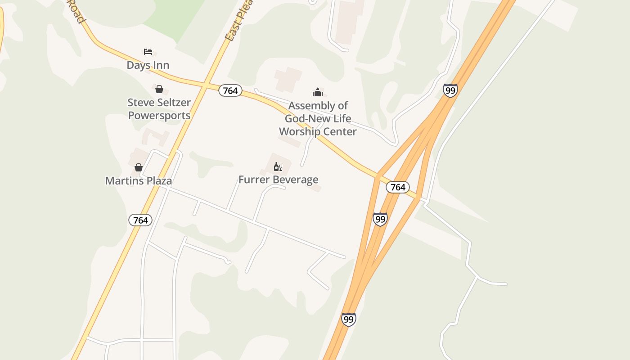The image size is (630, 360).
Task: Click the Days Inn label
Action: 148,65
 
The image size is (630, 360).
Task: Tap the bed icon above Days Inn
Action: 148,52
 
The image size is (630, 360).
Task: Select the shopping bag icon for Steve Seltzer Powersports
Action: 159,89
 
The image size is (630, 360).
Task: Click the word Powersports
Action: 159,116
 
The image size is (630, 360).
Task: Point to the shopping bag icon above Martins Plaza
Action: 139,167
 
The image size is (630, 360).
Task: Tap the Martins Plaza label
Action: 139,181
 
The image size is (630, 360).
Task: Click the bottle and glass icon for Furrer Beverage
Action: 278,167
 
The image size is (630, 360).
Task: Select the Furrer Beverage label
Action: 278,180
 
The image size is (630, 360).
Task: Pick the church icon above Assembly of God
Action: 318,93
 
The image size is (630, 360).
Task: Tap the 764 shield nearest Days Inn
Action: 230,91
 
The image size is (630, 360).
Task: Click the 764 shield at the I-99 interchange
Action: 398,187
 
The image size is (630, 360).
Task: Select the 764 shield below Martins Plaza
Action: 140,220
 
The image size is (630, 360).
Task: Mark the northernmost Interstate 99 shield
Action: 450,90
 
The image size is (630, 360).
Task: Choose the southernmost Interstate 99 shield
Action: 348,319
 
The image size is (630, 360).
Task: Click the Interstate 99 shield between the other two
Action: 380,219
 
